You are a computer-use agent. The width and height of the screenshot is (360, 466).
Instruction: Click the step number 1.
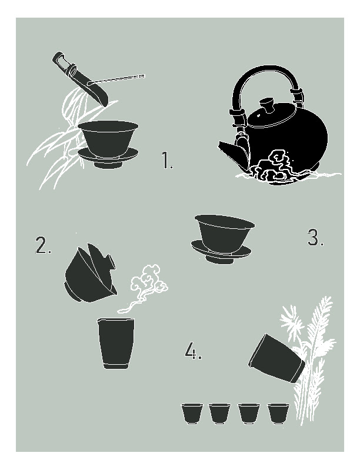[x=167, y=160]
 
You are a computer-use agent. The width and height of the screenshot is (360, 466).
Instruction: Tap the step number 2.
[x=44, y=245]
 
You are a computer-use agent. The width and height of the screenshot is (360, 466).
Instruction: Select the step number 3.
[x=315, y=237]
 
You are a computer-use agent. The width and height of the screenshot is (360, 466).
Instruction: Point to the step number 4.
[x=194, y=351]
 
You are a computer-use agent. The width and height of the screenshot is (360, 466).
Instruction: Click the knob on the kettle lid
[x=267, y=105]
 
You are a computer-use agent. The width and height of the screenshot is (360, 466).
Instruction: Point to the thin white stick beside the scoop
[x=116, y=79]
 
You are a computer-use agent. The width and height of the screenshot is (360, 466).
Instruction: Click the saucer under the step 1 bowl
[x=108, y=158]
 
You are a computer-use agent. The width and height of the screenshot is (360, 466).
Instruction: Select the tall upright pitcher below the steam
[x=116, y=343]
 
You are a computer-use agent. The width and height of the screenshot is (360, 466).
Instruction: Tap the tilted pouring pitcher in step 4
[x=276, y=358]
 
